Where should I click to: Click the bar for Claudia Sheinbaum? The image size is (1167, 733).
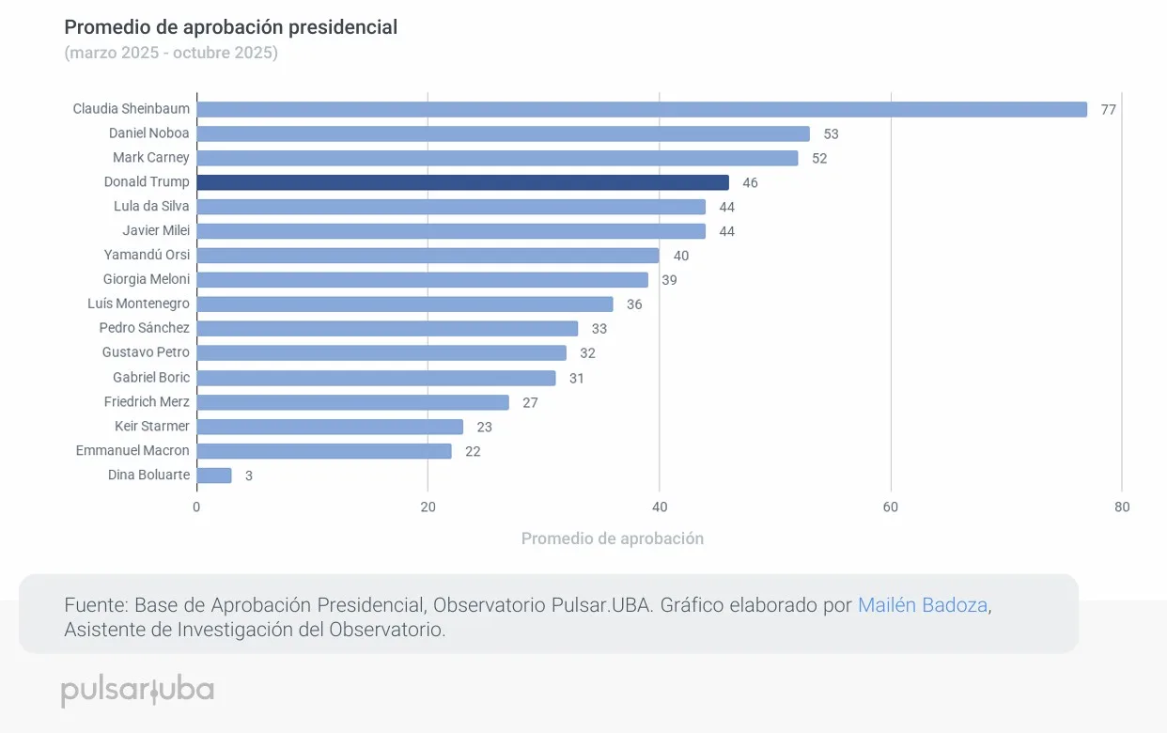click(642, 109)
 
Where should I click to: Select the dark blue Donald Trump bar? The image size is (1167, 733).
click(462, 182)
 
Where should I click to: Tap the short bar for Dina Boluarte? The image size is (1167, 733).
click(214, 476)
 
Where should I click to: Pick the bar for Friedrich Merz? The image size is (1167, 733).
click(352, 402)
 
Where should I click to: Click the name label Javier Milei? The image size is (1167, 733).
click(156, 231)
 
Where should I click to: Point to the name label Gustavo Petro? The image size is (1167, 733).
click(146, 352)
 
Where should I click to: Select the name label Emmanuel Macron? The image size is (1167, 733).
click(132, 451)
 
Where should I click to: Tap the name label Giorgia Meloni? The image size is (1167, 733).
click(146, 279)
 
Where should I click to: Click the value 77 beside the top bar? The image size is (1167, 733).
click(1109, 110)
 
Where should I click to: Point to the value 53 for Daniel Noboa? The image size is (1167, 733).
click(831, 134)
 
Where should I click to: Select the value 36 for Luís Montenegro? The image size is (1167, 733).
click(634, 304)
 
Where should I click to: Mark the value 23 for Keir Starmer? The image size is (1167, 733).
click(484, 427)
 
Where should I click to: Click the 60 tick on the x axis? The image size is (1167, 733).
click(891, 507)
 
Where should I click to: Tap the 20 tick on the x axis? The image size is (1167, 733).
click(428, 507)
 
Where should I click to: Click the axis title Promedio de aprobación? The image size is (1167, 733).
click(612, 538)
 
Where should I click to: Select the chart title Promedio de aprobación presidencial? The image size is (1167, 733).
click(230, 27)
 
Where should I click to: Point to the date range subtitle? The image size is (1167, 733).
click(171, 53)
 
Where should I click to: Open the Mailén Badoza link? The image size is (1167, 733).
click(923, 605)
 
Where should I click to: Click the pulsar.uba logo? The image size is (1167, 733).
click(138, 690)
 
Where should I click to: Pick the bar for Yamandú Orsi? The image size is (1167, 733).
click(428, 256)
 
